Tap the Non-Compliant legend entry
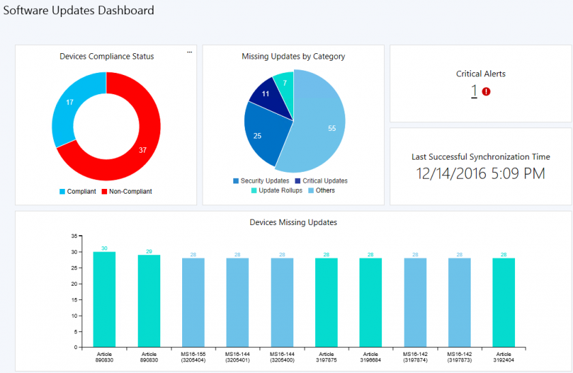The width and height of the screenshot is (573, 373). tap(126, 192)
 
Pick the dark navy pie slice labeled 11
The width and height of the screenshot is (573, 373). tap(263, 95)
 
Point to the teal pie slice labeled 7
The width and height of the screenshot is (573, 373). tap(284, 85)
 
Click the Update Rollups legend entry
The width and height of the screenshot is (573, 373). tap(277, 190)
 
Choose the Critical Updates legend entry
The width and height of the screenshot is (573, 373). tap(321, 181)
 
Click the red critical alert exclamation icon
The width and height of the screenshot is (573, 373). tap(486, 91)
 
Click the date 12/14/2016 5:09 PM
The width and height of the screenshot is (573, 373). tap(481, 174)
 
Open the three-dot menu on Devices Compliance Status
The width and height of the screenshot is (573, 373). tap(190, 53)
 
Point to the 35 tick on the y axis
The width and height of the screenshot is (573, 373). tap(74, 235)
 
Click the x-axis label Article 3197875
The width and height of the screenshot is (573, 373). tap(326, 357)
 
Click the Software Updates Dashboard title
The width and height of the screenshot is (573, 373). tap(79, 10)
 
